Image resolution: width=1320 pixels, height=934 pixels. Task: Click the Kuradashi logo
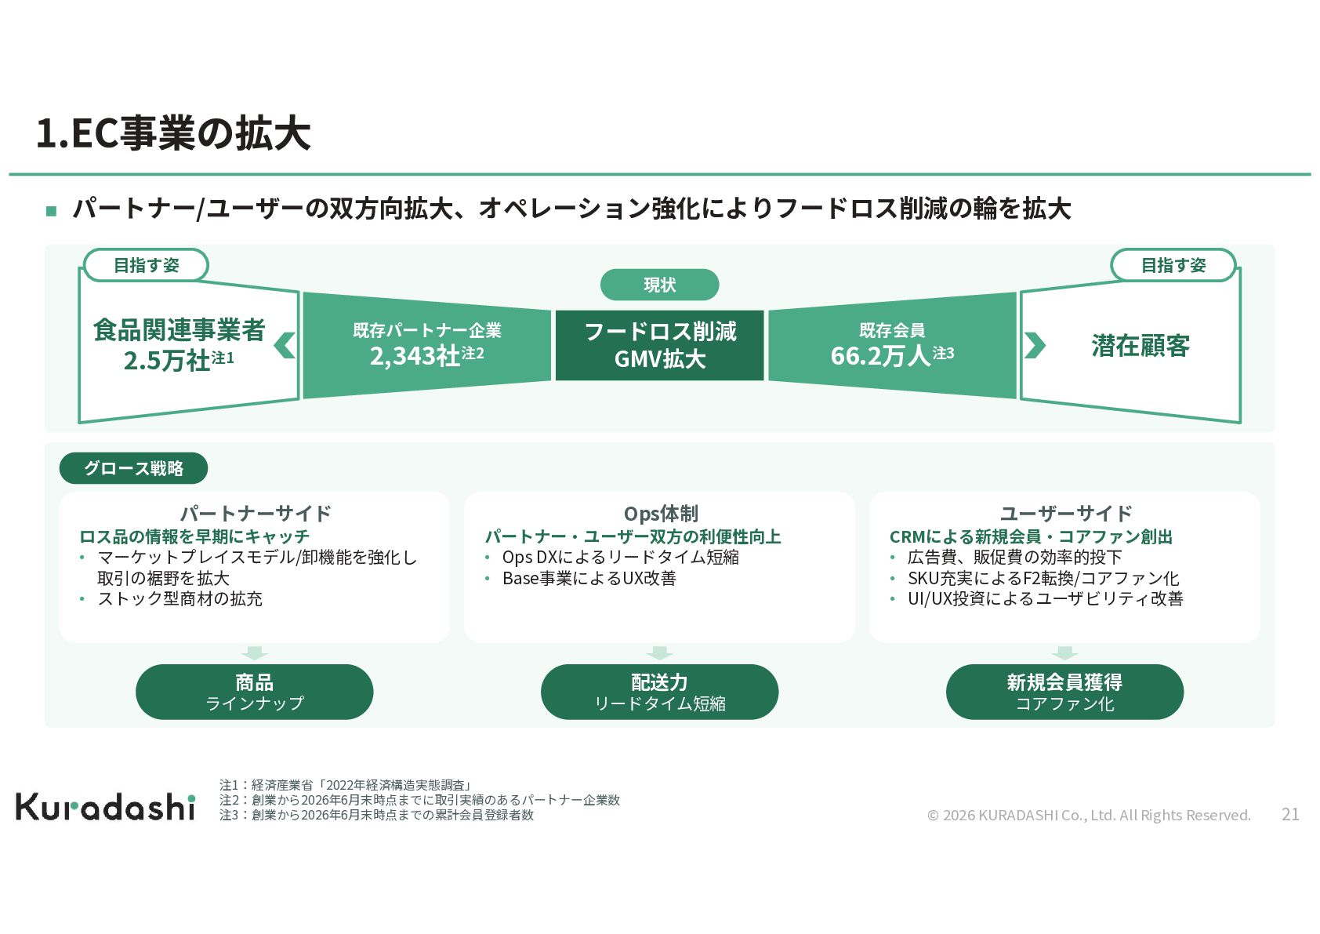click(x=105, y=807)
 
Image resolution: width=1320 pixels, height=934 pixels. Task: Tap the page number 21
click(x=1290, y=814)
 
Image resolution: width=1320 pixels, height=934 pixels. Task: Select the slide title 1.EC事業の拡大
click(x=173, y=133)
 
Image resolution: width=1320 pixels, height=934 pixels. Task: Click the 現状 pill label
click(x=659, y=285)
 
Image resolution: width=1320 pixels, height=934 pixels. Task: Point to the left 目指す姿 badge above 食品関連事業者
click(x=146, y=265)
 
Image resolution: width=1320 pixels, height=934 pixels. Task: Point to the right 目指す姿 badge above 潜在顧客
click(x=1173, y=265)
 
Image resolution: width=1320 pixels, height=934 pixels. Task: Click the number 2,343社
click(x=415, y=355)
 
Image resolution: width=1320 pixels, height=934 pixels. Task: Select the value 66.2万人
click(x=880, y=355)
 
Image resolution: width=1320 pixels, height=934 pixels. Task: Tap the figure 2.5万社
click(x=167, y=360)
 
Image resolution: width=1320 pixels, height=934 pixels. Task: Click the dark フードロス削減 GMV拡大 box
click(x=659, y=346)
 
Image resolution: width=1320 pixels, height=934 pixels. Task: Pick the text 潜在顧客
click(x=1140, y=346)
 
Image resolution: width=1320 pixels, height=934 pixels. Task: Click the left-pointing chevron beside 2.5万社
click(x=285, y=346)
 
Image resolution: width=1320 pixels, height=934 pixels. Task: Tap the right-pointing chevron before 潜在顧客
click(x=1035, y=346)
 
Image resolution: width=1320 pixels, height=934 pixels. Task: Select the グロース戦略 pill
click(x=134, y=468)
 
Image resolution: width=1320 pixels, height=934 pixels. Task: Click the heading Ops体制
click(x=662, y=514)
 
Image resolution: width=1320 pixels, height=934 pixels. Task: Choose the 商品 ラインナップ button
click(x=255, y=692)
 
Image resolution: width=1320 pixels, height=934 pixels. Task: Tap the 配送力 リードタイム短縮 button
click(x=659, y=692)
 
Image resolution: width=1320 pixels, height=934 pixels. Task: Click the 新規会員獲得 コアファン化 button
click(x=1064, y=692)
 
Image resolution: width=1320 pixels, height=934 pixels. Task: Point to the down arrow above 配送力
click(x=659, y=652)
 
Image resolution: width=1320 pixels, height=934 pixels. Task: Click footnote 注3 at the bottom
click(x=376, y=815)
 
